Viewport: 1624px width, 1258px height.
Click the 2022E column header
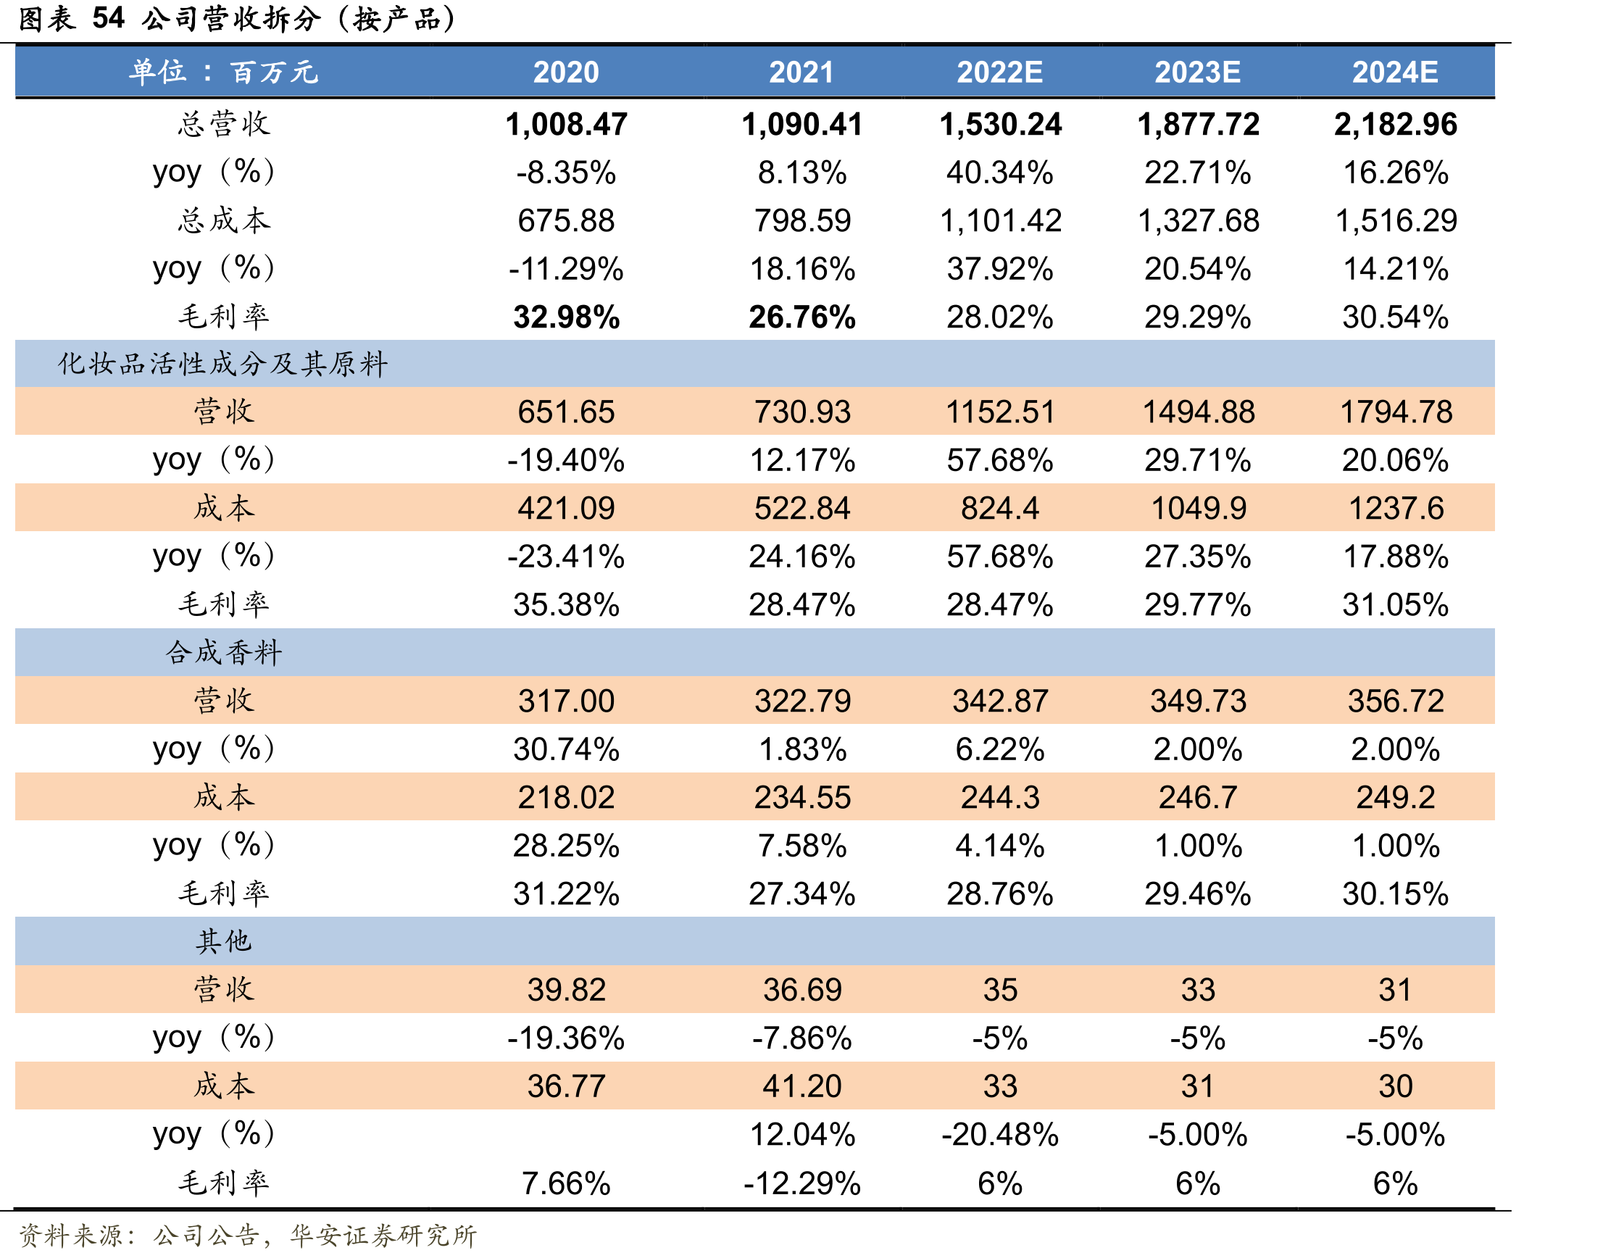pyautogui.click(x=999, y=72)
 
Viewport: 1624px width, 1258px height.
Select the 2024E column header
pyautogui.click(x=1395, y=72)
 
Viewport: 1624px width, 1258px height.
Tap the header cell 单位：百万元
pyautogui.click(x=224, y=72)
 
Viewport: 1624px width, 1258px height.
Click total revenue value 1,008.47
pyautogui.click(x=566, y=124)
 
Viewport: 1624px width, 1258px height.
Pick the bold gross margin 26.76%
pyautogui.click(x=801, y=317)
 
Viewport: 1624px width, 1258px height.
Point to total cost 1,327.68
pyautogui.click(x=1198, y=221)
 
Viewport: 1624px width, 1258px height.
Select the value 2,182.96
pyautogui.click(x=1395, y=124)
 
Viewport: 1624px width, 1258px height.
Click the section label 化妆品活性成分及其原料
pyautogui.click(x=223, y=364)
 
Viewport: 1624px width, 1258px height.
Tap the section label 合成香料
pyautogui.click(x=223, y=652)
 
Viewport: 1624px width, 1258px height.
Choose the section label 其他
pyautogui.click(x=223, y=941)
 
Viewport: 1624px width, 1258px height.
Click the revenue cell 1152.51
pyautogui.click(x=999, y=412)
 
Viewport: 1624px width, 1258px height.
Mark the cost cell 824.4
pyautogui.click(x=999, y=509)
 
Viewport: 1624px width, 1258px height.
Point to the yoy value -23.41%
pyautogui.click(x=566, y=557)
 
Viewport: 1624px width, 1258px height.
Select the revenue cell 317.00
pyautogui.click(x=566, y=701)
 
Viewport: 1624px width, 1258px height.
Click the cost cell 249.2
pyautogui.click(x=1395, y=798)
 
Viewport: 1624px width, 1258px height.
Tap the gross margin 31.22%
pyautogui.click(x=566, y=893)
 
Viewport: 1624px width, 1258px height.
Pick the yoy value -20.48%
pyautogui.click(x=999, y=1135)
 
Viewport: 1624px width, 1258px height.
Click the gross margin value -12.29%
pyautogui.click(x=801, y=1183)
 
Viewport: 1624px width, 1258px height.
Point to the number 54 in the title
pyautogui.click(x=109, y=18)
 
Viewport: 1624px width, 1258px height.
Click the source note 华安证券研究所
pyautogui.click(x=383, y=1235)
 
